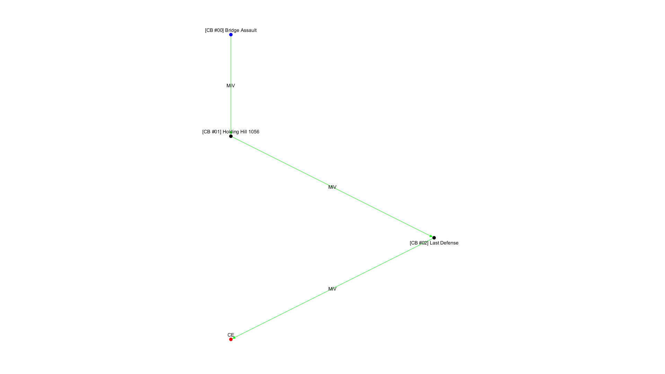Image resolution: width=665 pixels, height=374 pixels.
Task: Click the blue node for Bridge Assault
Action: [231, 35]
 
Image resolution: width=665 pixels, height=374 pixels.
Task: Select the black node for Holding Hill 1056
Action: [231, 136]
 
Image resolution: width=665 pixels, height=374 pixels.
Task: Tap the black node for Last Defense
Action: [434, 238]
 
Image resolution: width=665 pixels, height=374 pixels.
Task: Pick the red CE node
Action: [231, 339]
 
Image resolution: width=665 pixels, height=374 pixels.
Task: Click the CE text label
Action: [231, 335]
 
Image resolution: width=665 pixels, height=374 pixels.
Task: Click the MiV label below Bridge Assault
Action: [231, 86]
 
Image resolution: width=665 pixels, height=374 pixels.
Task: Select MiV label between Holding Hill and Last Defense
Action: [332, 187]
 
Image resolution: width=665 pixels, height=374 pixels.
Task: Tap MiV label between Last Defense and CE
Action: [332, 289]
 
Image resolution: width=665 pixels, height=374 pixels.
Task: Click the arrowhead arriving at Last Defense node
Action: [431, 236]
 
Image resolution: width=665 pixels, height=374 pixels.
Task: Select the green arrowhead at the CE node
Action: [234, 338]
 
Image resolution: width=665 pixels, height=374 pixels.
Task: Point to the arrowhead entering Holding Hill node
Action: [231, 132]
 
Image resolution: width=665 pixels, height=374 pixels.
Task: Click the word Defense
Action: [449, 243]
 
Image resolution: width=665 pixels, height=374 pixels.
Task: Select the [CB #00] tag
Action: [214, 30]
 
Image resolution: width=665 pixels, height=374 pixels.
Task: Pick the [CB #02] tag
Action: [419, 243]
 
